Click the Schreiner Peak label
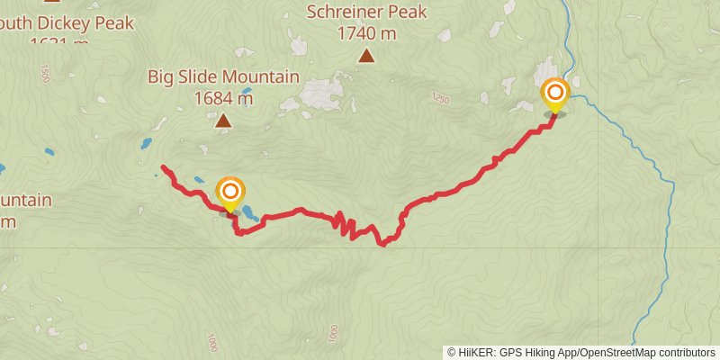click(x=366, y=13)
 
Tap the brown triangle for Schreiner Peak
click(x=366, y=56)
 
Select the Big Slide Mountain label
click(x=223, y=76)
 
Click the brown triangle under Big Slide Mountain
click(x=223, y=120)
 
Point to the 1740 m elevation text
click(x=366, y=33)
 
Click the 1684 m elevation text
click(x=223, y=97)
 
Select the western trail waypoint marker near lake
click(x=230, y=193)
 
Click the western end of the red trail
click(x=162, y=167)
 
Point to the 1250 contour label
click(x=439, y=97)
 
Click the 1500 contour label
click(x=43, y=73)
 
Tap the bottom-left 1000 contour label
click(x=211, y=343)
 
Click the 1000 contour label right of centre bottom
click(x=333, y=334)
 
